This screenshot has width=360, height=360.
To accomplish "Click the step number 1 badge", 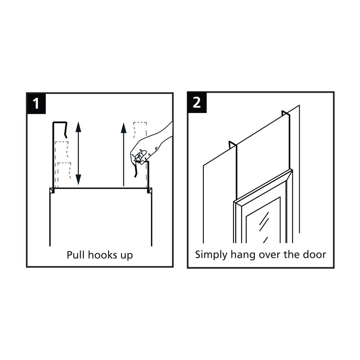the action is coord(36,103).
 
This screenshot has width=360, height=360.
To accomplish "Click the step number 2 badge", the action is coord(197,103).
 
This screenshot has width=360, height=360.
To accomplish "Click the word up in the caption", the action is coord(127,256).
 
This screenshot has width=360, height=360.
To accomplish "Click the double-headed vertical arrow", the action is coord(78,153).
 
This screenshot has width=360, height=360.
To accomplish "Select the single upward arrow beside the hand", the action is coord(123,154).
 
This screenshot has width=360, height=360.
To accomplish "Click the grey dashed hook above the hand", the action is coord(140,130).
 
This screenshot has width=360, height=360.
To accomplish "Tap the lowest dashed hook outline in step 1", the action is coord(63,175).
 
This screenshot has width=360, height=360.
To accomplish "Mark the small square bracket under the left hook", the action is coord(52,190).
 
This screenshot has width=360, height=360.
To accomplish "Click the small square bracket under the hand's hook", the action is coord(149,190).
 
